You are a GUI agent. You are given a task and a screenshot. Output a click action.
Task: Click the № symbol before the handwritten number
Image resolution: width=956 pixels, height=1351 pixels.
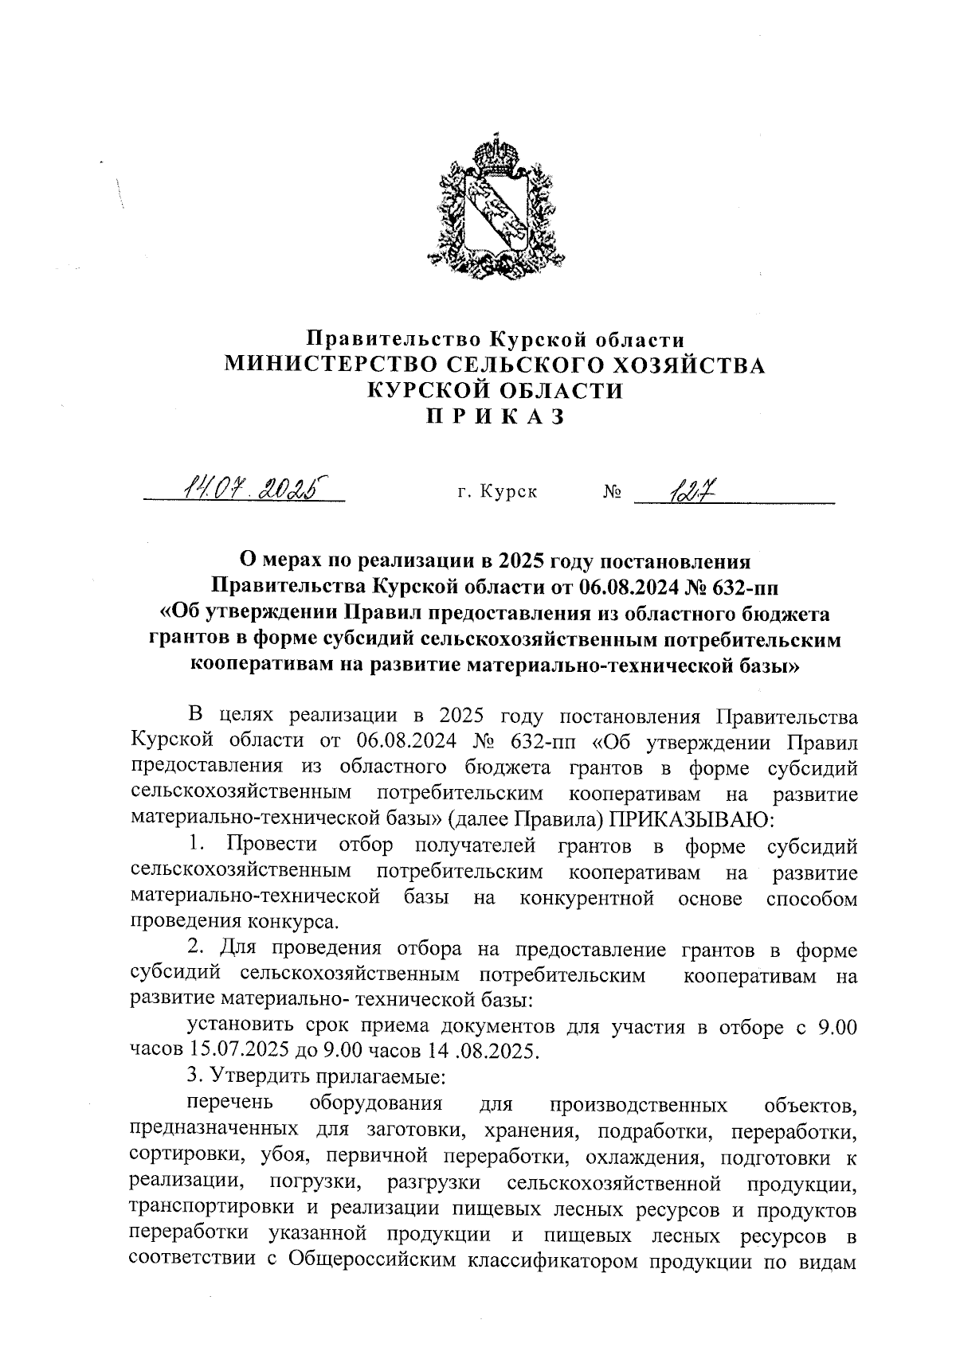613,492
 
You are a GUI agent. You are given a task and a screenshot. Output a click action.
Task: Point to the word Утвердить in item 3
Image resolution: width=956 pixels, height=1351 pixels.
264,1076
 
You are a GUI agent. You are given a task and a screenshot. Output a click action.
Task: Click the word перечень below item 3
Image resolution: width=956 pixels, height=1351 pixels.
229,1103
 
